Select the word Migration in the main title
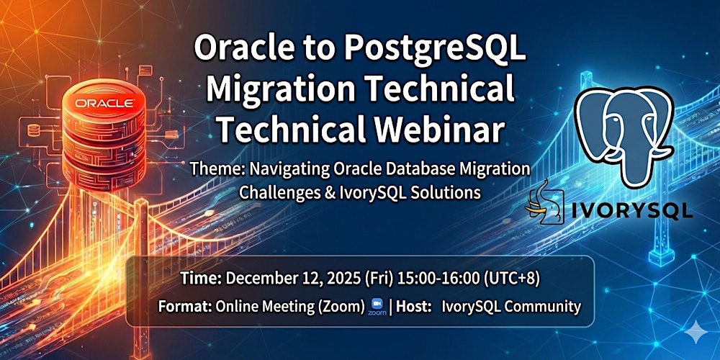point(278,89)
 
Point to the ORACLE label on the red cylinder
point(104,104)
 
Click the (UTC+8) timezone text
point(513,278)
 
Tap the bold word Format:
point(184,306)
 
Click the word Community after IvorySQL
point(543,306)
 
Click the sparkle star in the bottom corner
point(696,334)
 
